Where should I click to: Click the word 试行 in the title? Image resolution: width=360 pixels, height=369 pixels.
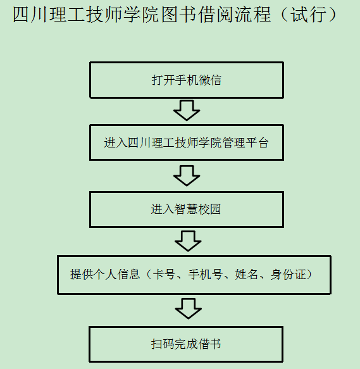coord(309,15)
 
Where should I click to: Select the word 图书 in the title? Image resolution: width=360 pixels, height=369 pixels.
coord(179,15)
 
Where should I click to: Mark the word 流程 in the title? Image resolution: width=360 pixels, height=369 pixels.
coord(253,15)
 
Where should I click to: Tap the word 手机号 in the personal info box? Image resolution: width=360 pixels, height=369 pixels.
coord(205,275)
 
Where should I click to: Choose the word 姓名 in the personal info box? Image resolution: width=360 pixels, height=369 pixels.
coord(246,275)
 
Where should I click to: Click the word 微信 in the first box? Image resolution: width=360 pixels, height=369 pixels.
coord(210,80)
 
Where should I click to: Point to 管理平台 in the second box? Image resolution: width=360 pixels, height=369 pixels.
coord(245,143)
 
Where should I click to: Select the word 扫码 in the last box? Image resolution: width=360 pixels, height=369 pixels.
coord(163,344)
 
